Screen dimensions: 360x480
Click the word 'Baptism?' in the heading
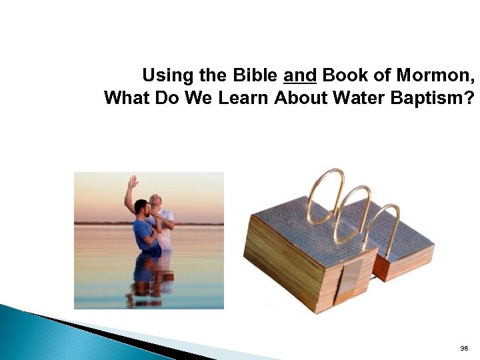(439, 99)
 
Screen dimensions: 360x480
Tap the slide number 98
(464, 349)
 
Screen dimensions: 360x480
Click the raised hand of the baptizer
(133, 181)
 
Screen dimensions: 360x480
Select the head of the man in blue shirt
(141, 207)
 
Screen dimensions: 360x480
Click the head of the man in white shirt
(155, 200)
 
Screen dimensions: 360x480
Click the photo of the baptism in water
(149, 240)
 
